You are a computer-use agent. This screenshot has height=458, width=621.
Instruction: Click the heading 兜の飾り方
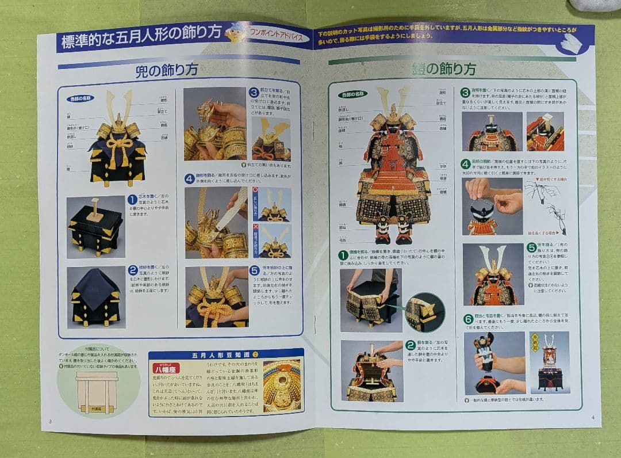[x=167, y=70]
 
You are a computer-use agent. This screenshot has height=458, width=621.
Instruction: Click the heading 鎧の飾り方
[x=443, y=69]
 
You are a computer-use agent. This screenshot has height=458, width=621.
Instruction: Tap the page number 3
[x=50, y=421]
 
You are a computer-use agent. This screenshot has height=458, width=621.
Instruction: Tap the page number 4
[x=593, y=417]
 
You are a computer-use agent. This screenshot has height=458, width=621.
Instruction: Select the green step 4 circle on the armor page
[x=466, y=164]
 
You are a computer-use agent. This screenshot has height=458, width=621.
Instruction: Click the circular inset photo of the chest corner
[x=424, y=312]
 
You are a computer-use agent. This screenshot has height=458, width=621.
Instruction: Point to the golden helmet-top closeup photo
[x=282, y=386]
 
